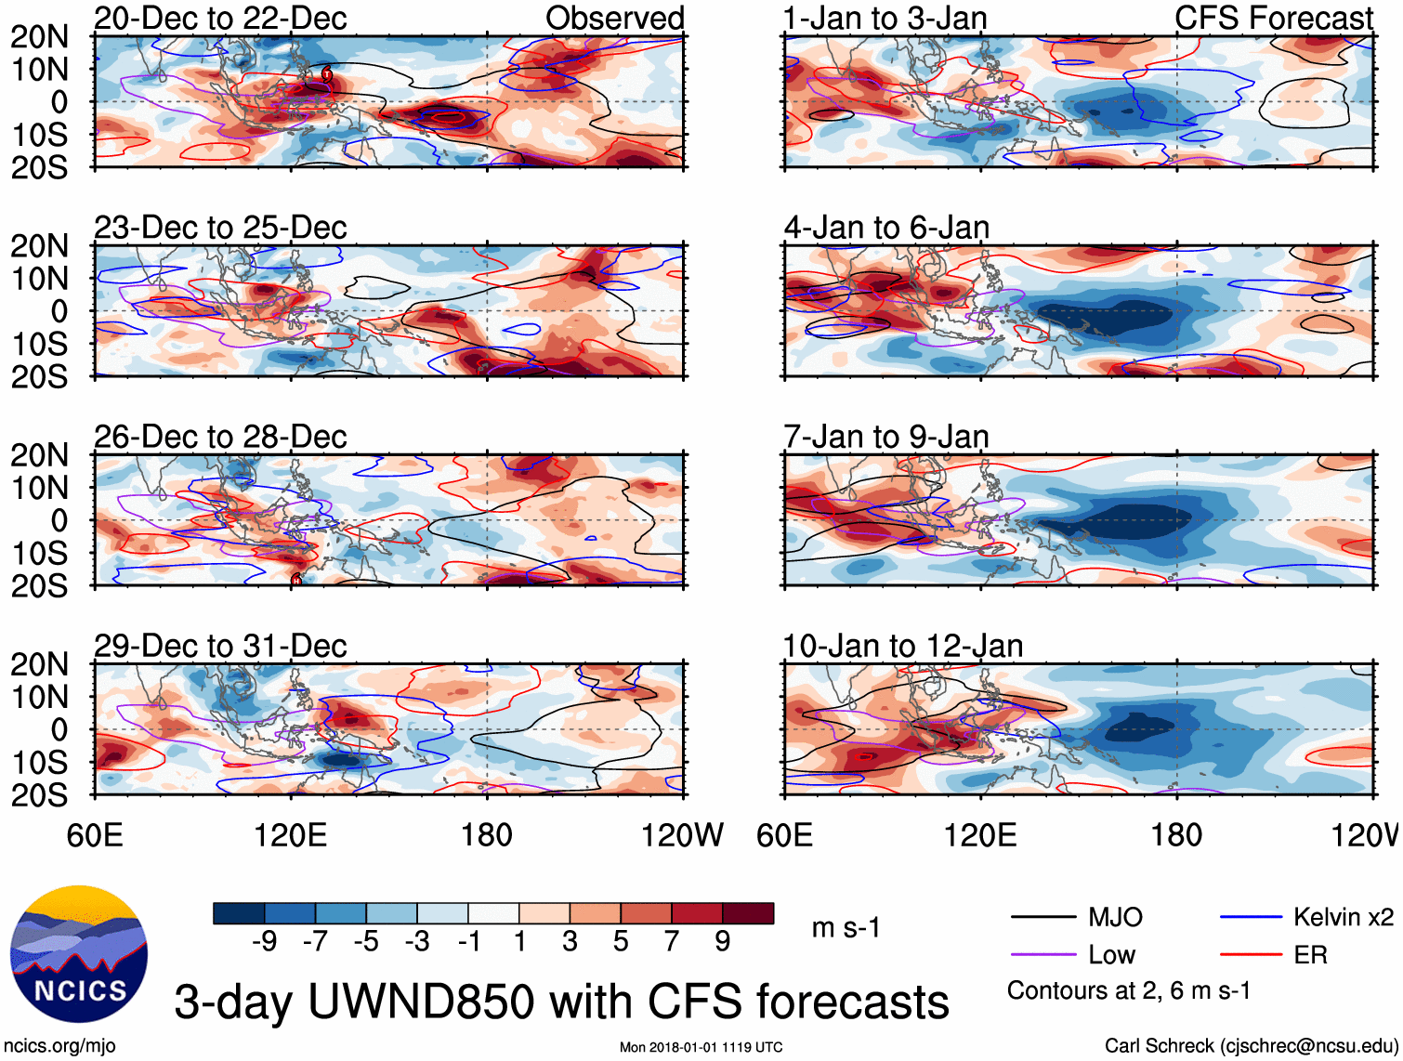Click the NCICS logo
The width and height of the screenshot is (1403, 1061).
[x=79, y=954]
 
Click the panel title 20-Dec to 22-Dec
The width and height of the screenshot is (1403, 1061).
[x=220, y=19]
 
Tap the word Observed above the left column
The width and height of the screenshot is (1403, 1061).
[x=614, y=19]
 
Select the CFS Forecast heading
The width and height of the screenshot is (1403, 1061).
[x=1273, y=19]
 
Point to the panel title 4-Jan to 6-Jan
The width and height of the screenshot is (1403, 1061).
[x=886, y=228]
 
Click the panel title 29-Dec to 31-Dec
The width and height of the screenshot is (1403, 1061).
[x=220, y=646]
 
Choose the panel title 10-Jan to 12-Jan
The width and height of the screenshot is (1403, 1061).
[x=903, y=646]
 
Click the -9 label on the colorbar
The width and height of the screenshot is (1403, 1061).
[x=264, y=942]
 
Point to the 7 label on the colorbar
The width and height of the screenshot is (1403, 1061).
[x=672, y=942]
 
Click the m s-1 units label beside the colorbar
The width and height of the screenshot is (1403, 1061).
[x=846, y=928]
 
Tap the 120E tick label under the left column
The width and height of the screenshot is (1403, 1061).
[x=291, y=835]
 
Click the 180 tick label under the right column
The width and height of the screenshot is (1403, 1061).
[x=1176, y=835]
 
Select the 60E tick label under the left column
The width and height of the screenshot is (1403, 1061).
[x=95, y=835]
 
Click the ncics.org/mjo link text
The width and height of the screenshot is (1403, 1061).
[x=59, y=1046]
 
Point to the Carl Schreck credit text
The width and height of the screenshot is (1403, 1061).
[x=1251, y=1046]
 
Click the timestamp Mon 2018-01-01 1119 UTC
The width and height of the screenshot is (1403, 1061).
[x=701, y=1048]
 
